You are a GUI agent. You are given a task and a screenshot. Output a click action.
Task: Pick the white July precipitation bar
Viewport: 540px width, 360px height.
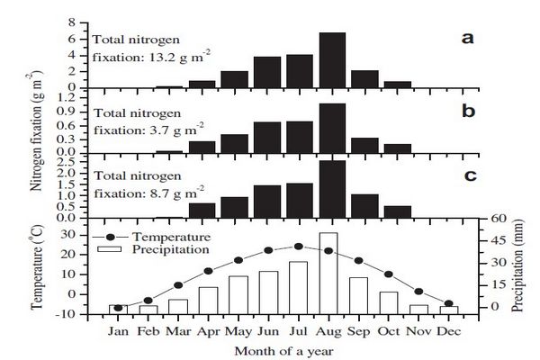(299, 287)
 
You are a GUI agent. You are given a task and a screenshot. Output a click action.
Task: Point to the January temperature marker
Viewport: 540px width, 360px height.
(117, 309)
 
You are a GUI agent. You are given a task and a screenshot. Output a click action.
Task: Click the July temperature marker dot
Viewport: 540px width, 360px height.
(299, 247)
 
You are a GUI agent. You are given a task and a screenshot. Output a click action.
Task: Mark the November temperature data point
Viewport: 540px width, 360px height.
(418, 291)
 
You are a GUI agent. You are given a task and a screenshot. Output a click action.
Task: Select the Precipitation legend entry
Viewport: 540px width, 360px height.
(172, 248)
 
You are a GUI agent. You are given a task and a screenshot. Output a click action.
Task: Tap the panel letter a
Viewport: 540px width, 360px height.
(468, 38)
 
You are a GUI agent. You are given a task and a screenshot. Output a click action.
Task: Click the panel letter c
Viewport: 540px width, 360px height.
(468, 175)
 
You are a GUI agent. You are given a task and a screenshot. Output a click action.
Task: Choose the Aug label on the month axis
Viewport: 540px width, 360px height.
(329, 330)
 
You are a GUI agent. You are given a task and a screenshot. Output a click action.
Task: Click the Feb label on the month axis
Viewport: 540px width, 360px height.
(148, 330)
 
